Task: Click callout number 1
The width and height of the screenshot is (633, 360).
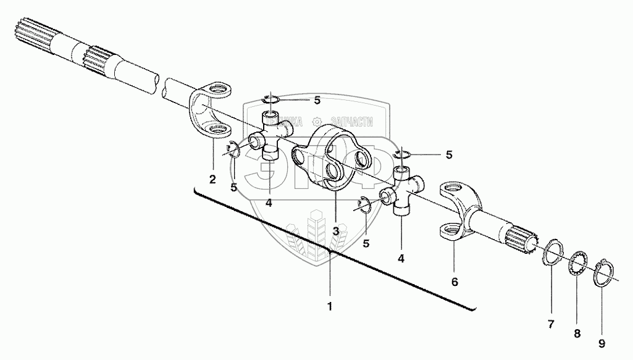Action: [x=330, y=306]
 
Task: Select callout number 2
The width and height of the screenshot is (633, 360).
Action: [x=212, y=180]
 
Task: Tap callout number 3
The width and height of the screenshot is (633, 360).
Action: [x=335, y=231]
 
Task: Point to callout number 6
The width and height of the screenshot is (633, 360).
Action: [x=455, y=282]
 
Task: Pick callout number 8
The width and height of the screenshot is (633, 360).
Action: [x=577, y=334]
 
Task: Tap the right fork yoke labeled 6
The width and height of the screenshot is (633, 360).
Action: [x=457, y=207]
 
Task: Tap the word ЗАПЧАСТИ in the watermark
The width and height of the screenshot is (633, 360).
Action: [x=350, y=122]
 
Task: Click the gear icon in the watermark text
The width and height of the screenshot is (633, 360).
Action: [x=317, y=122]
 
